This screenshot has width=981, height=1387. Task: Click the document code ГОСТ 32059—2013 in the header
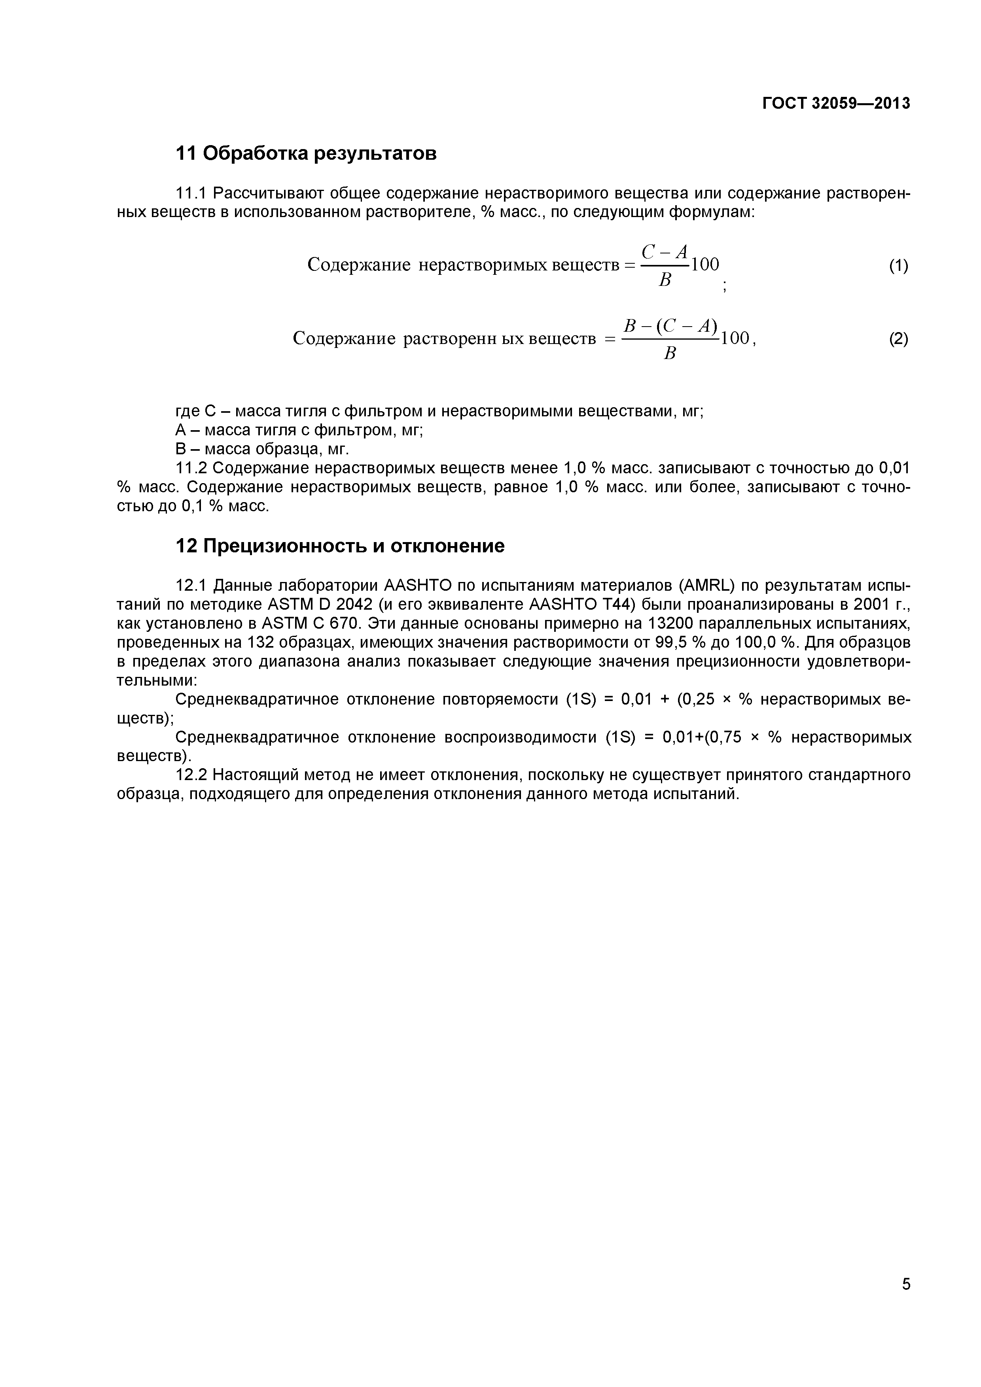click(836, 104)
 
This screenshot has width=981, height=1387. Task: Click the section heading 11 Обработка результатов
click(306, 154)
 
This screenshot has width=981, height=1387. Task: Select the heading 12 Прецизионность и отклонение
click(340, 546)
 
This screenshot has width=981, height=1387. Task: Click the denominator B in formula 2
click(670, 354)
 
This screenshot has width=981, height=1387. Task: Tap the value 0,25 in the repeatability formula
click(698, 699)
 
